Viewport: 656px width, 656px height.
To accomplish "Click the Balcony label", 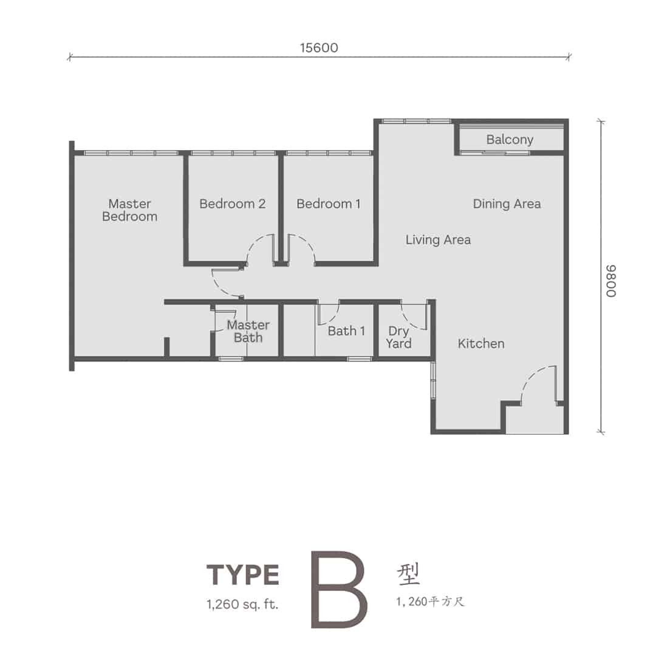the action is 510,140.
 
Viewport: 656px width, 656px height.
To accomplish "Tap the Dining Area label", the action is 507,203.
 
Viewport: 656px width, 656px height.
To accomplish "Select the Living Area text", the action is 438,240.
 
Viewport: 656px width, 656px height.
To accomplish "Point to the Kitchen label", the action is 480,343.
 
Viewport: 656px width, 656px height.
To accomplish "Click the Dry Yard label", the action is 398,337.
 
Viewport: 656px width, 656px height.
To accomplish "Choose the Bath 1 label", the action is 346,331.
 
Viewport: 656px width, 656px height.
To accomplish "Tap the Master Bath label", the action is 248,332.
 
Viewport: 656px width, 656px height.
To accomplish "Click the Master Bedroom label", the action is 130,210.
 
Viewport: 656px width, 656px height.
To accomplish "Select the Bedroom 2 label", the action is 232,203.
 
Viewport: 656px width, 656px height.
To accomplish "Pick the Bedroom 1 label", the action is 329,203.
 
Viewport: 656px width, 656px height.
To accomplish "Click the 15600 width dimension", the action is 319,48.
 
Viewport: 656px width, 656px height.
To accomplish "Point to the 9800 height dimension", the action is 611,281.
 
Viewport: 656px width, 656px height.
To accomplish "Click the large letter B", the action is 339,589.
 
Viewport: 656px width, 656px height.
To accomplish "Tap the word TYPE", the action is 242,575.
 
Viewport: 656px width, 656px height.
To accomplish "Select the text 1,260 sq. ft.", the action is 242,604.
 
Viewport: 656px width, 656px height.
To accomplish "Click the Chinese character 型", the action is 408,574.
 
